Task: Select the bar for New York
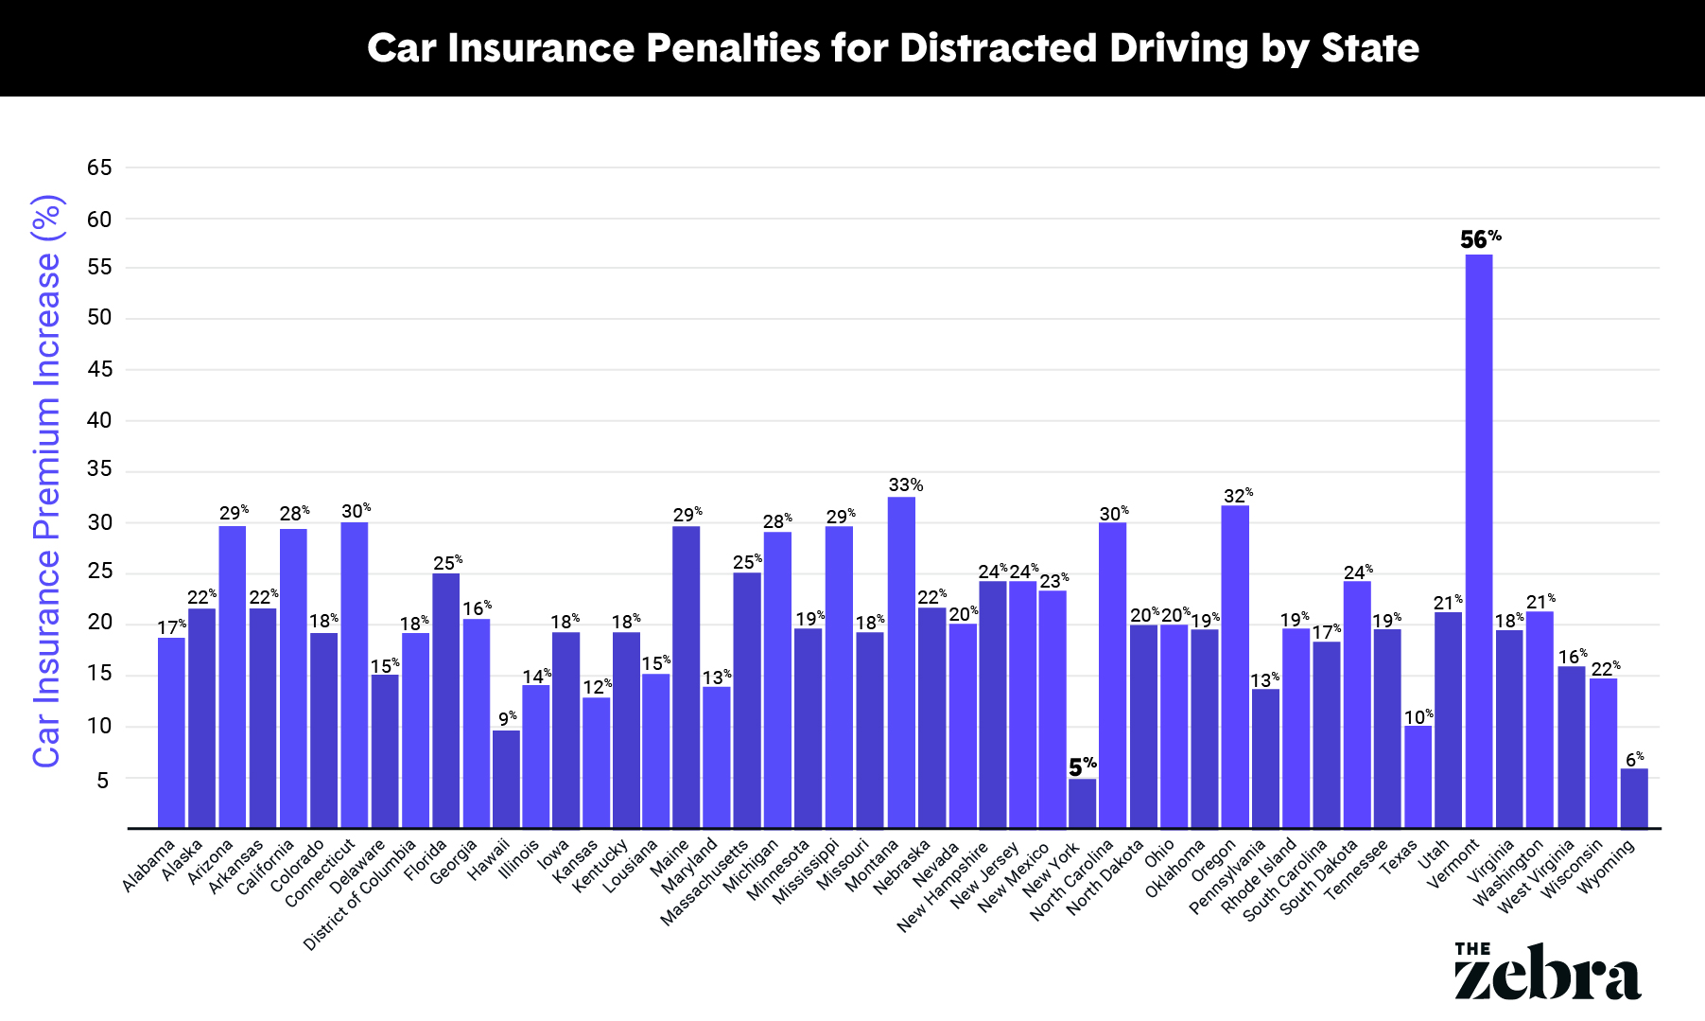pyautogui.click(x=1082, y=803)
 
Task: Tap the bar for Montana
pyautogui.click(x=901, y=662)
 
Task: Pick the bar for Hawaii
pyautogui.click(x=506, y=779)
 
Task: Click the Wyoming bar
pyautogui.click(x=1633, y=799)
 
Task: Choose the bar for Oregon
pyautogui.click(x=1234, y=666)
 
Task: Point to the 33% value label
pyautogui.click(x=905, y=485)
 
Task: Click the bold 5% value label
pyautogui.click(x=1083, y=766)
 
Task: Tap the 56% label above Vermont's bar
pyautogui.click(x=1480, y=239)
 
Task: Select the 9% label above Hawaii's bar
pyautogui.click(x=508, y=718)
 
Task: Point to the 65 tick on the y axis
pyautogui.click(x=99, y=168)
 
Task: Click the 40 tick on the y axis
pyautogui.click(x=99, y=421)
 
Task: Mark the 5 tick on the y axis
pyautogui.click(x=102, y=781)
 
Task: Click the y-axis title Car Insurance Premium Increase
pyautogui.click(x=47, y=481)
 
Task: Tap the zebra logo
pyautogui.click(x=1547, y=971)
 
